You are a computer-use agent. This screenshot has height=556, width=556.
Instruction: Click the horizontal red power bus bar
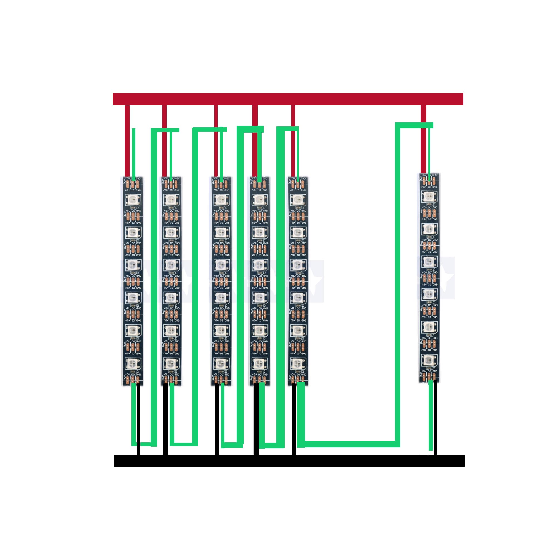(288, 99)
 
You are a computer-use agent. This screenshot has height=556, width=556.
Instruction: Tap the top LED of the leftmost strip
(133, 198)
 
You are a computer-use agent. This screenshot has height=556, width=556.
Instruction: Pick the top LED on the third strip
(220, 198)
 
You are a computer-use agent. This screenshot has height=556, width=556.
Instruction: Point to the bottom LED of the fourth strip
(260, 363)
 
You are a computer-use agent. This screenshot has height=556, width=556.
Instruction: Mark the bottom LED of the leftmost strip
(133, 363)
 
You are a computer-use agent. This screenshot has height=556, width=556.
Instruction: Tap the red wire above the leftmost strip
(127, 141)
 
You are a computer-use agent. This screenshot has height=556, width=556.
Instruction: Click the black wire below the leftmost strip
(139, 420)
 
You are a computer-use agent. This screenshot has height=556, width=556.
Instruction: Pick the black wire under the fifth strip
(294, 420)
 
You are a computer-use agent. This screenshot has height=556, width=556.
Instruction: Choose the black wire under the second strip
(165, 420)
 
